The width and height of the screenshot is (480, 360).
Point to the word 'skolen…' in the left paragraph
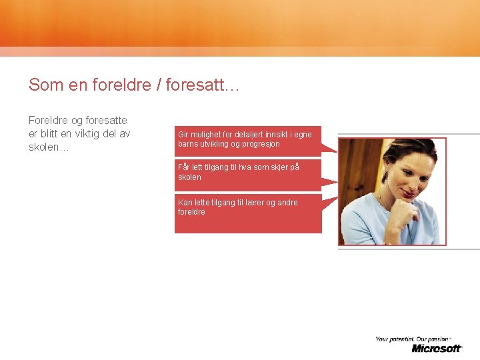pyautogui.click(x=49, y=147)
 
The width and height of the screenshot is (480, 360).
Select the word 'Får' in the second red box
pyautogui.click(x=184, y=167)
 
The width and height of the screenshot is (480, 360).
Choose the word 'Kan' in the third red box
pyautogui.click(x=185, y=203)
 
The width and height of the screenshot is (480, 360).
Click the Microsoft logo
pyautogui.click(x=437, y=348)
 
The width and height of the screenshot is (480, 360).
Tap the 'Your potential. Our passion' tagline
pyautogui.click(x=413, y=339)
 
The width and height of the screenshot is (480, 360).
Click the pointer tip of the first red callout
pyautogui.click(x=337, y=151)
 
